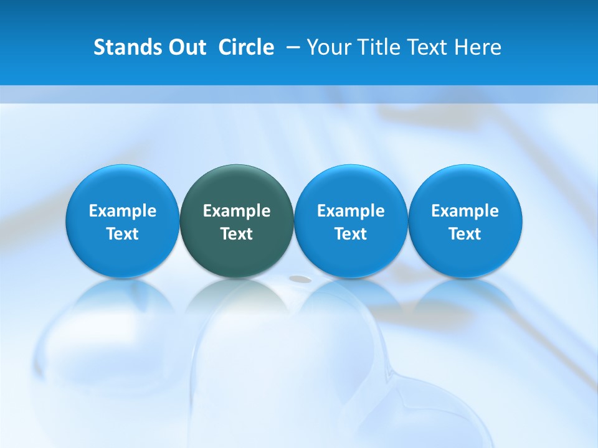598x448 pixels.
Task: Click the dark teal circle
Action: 237,221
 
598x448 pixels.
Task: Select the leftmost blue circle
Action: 123,221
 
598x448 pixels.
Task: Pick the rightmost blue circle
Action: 465,221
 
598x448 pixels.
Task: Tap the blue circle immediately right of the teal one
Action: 351,221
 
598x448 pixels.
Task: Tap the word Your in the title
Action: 328,47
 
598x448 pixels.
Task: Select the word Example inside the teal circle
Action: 237,211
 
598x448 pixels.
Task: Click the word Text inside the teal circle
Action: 237,234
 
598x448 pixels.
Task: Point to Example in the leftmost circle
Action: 123,211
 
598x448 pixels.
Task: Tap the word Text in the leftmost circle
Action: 123,234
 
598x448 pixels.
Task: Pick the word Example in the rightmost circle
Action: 465,211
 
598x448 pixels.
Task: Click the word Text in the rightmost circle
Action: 465,234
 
